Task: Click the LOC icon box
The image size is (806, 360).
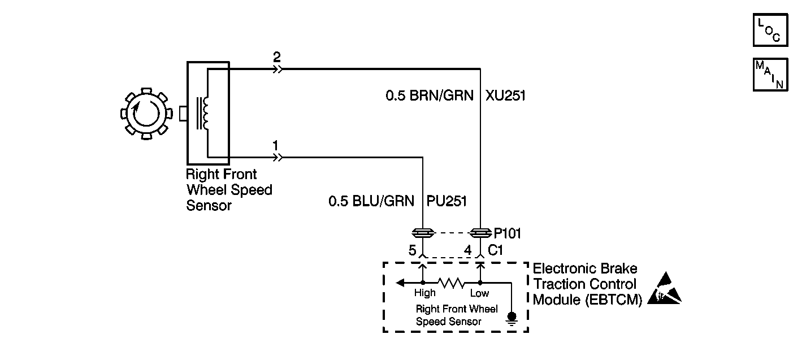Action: coord(769,30)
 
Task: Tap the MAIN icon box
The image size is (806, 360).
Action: coord(769,74)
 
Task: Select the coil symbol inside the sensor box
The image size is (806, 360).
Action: coord(202,113)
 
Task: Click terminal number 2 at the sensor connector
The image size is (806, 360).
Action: coord(276,58)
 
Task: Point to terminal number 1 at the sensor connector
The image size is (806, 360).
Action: coord(275,146)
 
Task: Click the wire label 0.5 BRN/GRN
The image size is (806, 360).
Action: coord(430,96)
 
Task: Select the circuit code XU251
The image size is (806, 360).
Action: coord(505,96)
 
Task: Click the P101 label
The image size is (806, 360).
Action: coord(508,232)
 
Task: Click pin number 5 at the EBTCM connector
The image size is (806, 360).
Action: coord(412,249)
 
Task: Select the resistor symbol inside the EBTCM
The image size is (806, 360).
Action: coord(451,281)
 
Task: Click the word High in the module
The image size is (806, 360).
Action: coord(424,293)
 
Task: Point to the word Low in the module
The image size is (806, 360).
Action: coord(479,293)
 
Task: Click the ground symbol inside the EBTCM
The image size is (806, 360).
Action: coord(512,318)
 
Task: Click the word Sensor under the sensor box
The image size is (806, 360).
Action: coord(209,205)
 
